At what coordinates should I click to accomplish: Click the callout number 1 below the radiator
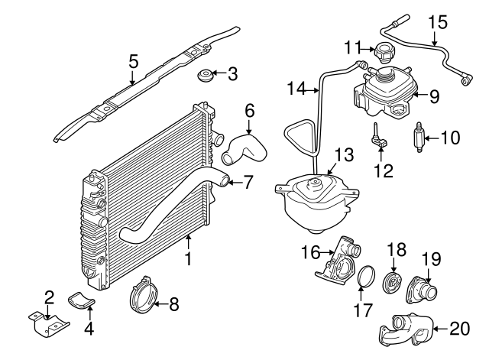click(188, 260)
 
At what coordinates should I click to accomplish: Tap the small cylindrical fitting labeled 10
click(419, 138)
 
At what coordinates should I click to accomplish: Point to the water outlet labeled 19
click(423, 291)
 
